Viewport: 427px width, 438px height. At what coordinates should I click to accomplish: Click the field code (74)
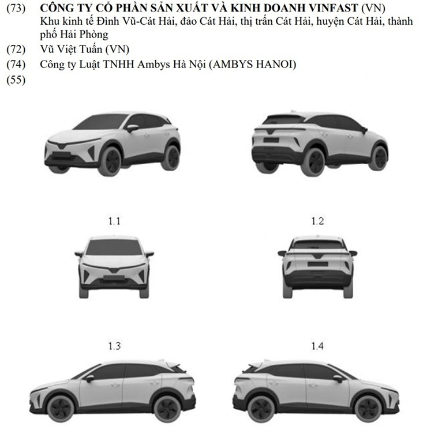[x=15, y=64]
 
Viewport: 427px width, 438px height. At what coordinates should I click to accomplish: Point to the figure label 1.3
[x=115, y=346]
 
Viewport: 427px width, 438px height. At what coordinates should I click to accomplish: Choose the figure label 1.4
[x=317, y=346]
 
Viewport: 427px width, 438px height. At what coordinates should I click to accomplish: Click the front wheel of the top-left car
[x=110, y=161]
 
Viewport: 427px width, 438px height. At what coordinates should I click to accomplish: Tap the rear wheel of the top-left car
[x=171, y=157]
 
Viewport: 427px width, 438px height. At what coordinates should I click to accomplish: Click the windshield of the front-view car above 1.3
[x=115, y=247]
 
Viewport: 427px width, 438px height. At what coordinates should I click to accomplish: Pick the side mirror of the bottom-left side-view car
[x=89, y=379]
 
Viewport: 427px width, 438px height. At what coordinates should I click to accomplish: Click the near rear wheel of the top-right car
[x=314, y=162]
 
